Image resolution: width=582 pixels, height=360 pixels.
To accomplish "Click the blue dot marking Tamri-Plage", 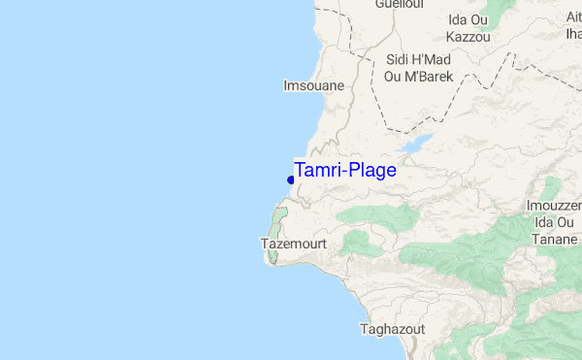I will (291, 180).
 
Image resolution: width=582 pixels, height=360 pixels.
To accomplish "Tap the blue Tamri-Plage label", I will (344, 171).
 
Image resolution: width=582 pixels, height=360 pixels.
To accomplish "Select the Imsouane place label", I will (312, 86).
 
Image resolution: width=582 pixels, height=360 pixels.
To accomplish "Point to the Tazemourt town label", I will (294, 244).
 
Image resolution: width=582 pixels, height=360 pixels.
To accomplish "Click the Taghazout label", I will (392, 329).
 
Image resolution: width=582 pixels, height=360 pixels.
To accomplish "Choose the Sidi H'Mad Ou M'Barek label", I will (419, 68).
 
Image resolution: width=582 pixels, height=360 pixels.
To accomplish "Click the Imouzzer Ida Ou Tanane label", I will (552, 222).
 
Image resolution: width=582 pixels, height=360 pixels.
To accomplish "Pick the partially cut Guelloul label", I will (400, 4).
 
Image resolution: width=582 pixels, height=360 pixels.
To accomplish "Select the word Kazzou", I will (468, 38).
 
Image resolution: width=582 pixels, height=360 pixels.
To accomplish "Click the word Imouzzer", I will (553, 206).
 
